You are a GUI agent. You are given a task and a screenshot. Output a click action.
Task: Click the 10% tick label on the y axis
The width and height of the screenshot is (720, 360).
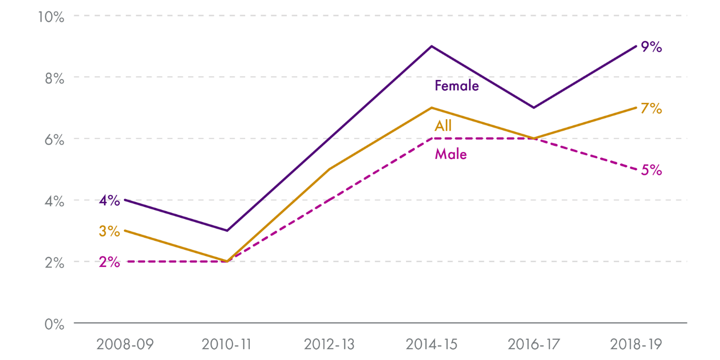(x=51, y=17)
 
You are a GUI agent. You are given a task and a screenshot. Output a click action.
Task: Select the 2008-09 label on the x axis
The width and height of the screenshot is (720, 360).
(x=124, y=345)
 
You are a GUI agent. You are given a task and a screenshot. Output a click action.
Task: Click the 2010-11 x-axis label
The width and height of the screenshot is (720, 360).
(x=226, y=345)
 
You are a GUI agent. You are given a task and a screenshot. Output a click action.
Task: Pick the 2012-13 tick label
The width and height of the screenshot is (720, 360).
(x=329, y=345)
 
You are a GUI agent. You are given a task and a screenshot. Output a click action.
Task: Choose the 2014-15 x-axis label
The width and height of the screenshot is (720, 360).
(x=431, y=345)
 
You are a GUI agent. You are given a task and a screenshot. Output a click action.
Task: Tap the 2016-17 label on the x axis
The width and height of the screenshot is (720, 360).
(x=533, y=345)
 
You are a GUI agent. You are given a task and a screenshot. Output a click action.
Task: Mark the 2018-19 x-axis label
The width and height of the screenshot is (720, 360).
(x=636, y=345)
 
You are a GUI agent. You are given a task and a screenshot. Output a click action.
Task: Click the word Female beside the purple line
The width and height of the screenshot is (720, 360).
(x=457, y=86)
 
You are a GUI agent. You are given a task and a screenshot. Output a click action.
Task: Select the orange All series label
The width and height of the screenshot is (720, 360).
(x=443, y=126)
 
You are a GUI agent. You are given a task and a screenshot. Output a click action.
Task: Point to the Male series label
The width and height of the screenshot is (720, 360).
(x=450, y=154)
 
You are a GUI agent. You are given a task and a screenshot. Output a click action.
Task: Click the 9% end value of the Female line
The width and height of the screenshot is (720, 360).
(x=652, y=47)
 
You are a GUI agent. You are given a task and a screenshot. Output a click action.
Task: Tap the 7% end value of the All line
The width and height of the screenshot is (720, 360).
(x=652, y=109)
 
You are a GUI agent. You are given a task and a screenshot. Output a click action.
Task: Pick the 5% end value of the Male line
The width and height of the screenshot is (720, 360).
(x=652, y=170)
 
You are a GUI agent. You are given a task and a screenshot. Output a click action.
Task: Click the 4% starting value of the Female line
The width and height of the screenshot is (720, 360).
(x=109, y=201)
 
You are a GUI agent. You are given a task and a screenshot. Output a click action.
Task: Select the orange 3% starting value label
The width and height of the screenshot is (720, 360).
(x=109, y=231)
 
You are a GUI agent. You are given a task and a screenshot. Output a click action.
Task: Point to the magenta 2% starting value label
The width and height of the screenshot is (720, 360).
(x=109, y=262)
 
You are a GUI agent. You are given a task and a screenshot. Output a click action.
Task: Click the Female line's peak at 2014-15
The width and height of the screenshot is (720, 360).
(x=431, y=46)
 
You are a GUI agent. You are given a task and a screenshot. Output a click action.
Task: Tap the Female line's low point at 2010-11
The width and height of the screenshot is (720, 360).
(x=226, y=230)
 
